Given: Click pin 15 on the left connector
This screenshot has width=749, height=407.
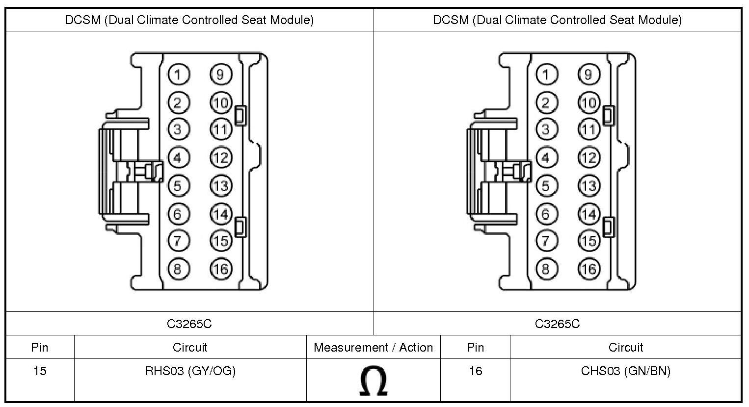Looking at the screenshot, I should pos(221,240).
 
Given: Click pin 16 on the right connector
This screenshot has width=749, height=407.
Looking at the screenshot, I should pos(588,269).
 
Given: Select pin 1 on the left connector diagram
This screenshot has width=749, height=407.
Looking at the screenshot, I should pos(178,75).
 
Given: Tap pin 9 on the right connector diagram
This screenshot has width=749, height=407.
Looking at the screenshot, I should pos(588,75).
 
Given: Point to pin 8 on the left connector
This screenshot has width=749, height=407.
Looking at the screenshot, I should pos(178,269).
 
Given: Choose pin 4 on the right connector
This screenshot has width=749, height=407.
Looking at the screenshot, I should pos(546,157).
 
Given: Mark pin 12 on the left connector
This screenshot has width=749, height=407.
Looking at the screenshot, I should pos(221,157).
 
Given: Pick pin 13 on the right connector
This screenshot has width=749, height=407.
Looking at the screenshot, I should pos(588,186).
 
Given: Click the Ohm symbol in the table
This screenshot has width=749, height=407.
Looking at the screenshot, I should pos(373,381).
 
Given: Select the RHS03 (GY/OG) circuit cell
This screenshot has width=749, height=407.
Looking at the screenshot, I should pos(190,371).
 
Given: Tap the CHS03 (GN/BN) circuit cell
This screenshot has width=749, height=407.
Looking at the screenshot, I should pos(625,371).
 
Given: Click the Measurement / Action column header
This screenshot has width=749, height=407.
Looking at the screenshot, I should pos(373,348).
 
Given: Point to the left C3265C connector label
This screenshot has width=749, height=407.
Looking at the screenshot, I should pos(189,324).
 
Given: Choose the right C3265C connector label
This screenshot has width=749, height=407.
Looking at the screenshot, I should pos(557,324).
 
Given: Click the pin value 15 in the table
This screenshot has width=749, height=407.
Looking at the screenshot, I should pos(40,371).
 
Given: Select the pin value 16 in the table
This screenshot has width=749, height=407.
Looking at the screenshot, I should pos(475,371).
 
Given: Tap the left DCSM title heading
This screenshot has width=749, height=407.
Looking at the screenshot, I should pos(189,20).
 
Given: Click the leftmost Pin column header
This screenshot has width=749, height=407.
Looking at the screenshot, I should pos(40,348).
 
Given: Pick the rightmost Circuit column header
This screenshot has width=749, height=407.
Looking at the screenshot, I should pos(625,348).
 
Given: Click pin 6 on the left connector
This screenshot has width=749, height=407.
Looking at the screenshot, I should pos(178,214).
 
